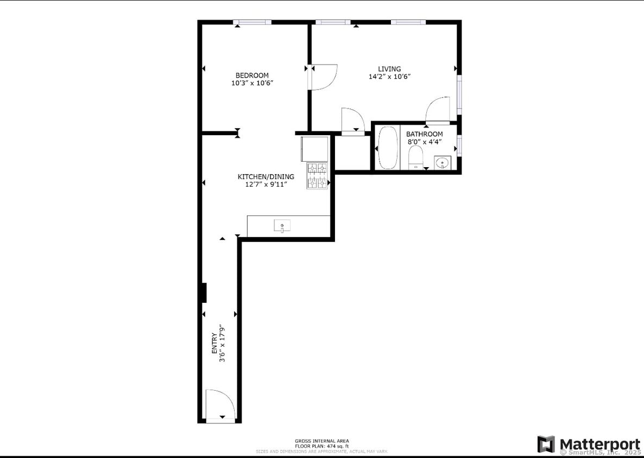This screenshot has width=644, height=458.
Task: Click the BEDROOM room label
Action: pyautogui.click(x=252, y=75)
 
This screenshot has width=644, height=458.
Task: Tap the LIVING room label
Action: pyautogui.click(x=389, y=69)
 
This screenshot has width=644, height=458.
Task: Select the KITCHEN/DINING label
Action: pyautogui.click(x=266, y=177)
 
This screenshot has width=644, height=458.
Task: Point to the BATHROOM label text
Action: pyautogui.click(x=425, y=134)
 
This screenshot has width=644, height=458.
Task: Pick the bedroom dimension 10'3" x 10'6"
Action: pyautogui.click(x=252, y=83)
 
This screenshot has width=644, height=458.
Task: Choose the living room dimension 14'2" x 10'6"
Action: pyautogui.click(x=389, y=77)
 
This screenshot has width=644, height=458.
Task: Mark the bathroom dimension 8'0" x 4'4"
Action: pyautogui.click(x=425, y=142)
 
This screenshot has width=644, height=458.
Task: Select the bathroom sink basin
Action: pyautogui.click(x=443, y=162)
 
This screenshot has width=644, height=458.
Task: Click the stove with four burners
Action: pyautogui.click(x=318, y=176)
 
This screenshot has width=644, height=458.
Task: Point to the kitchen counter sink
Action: pyautogui.click(x=282, y=225)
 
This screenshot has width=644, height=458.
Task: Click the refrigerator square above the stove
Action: pyautogui.click(x=315, y=149)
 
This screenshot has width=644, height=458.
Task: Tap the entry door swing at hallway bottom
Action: pyautogui.click(x=220, y=405)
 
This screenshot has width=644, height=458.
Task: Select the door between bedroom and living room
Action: pyautogui.click(x=324, y=77)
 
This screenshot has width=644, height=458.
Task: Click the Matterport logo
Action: pyautogui.click(x=589, y=444)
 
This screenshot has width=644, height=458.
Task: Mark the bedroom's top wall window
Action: pyautogui.click(x=252, y=22)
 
